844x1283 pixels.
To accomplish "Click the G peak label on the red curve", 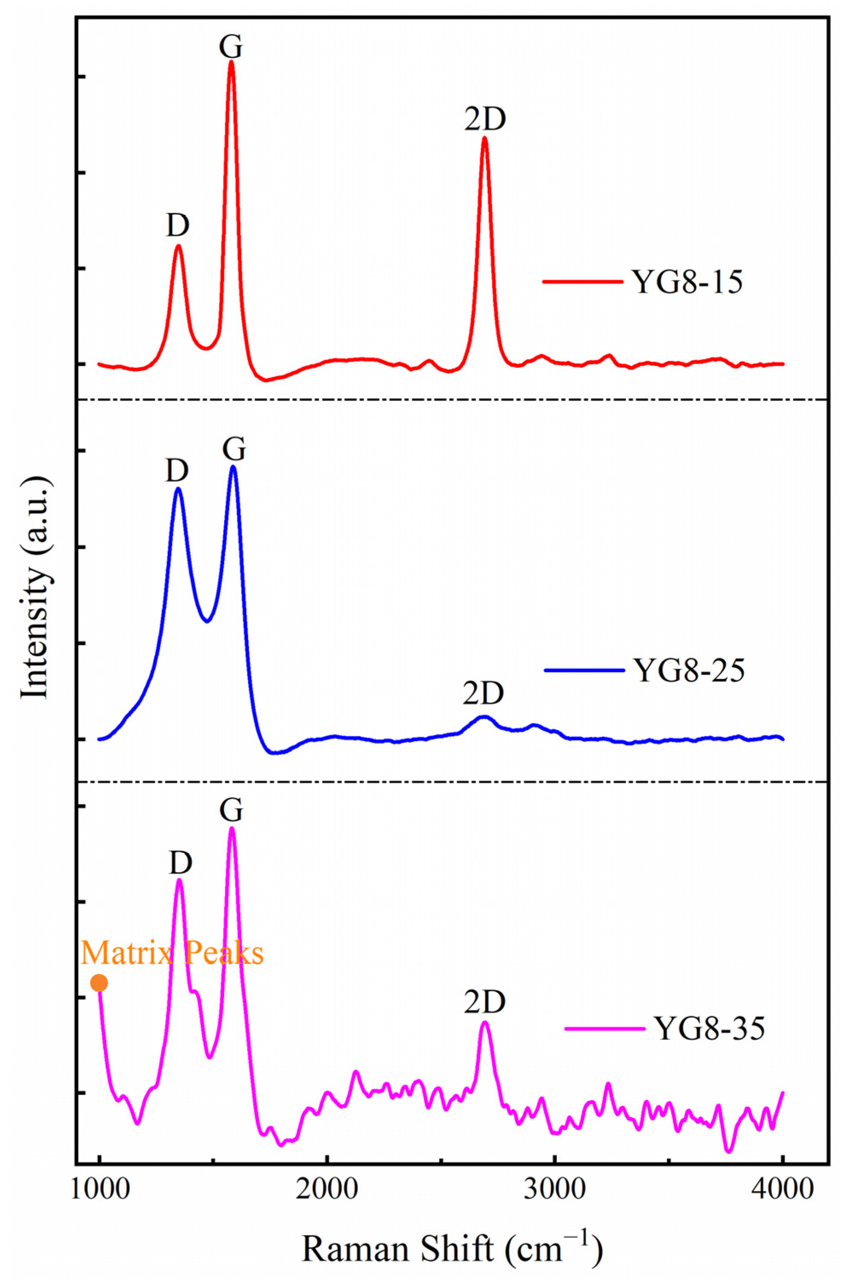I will (x=231, y=47).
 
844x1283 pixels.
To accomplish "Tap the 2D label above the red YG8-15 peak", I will (x=485, y=120).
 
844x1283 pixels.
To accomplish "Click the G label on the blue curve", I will (x=234, y=449).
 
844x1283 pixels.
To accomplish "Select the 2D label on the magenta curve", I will (x=485, y=1003).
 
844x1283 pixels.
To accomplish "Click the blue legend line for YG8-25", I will (x=584, y=670).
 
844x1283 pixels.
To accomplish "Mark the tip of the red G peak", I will (x=231, y=61).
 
